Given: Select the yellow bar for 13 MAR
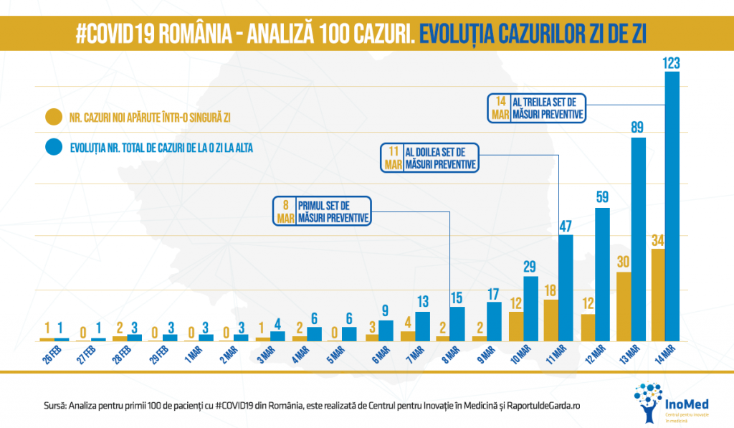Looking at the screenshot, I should [624, 306].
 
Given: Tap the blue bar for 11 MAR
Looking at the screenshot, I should [566, 287].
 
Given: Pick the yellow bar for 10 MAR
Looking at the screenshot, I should [516, 326].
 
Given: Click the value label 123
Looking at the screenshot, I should [672, 63].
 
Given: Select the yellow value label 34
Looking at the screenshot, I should [657, 239].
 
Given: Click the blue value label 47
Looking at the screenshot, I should [566, 226].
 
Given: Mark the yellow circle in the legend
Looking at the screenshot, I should [53, 117].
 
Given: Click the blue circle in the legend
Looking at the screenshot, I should [53, 148].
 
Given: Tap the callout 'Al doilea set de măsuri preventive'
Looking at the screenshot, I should [429, 158].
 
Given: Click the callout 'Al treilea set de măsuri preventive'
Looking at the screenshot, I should [537, 108].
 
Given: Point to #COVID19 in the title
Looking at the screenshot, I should [118, 33].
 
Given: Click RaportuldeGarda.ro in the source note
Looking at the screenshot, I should [530, 406].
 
